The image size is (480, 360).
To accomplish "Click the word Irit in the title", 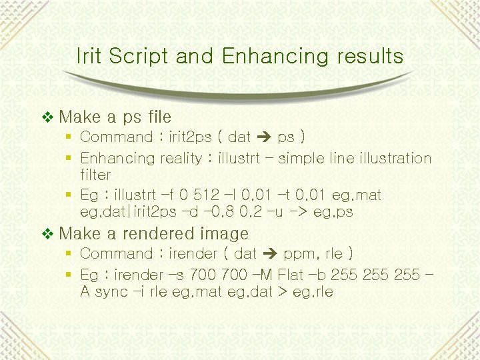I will tap(90, 56).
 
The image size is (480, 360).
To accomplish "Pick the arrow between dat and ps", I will tap(264, 138).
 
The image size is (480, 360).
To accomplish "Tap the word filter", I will tap(95, 175).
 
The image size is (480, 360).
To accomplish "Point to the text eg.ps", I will tap(333, 212).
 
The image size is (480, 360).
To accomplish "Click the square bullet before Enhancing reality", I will tap(69, 159).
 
